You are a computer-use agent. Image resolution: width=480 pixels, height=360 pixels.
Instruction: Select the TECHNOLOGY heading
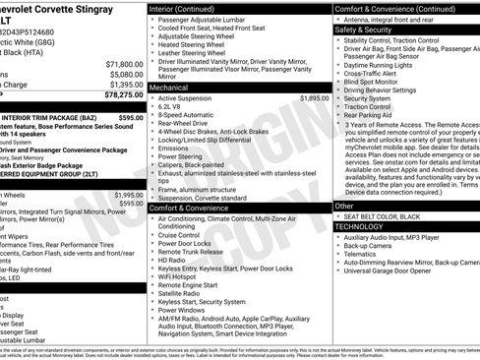pos(359,226)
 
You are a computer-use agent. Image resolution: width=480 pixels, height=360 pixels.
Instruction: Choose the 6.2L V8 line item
pos(176,107)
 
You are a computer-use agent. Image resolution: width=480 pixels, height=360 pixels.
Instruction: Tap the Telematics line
pos(365,253)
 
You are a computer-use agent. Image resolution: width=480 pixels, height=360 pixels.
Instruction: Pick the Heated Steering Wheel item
pos(197,44)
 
